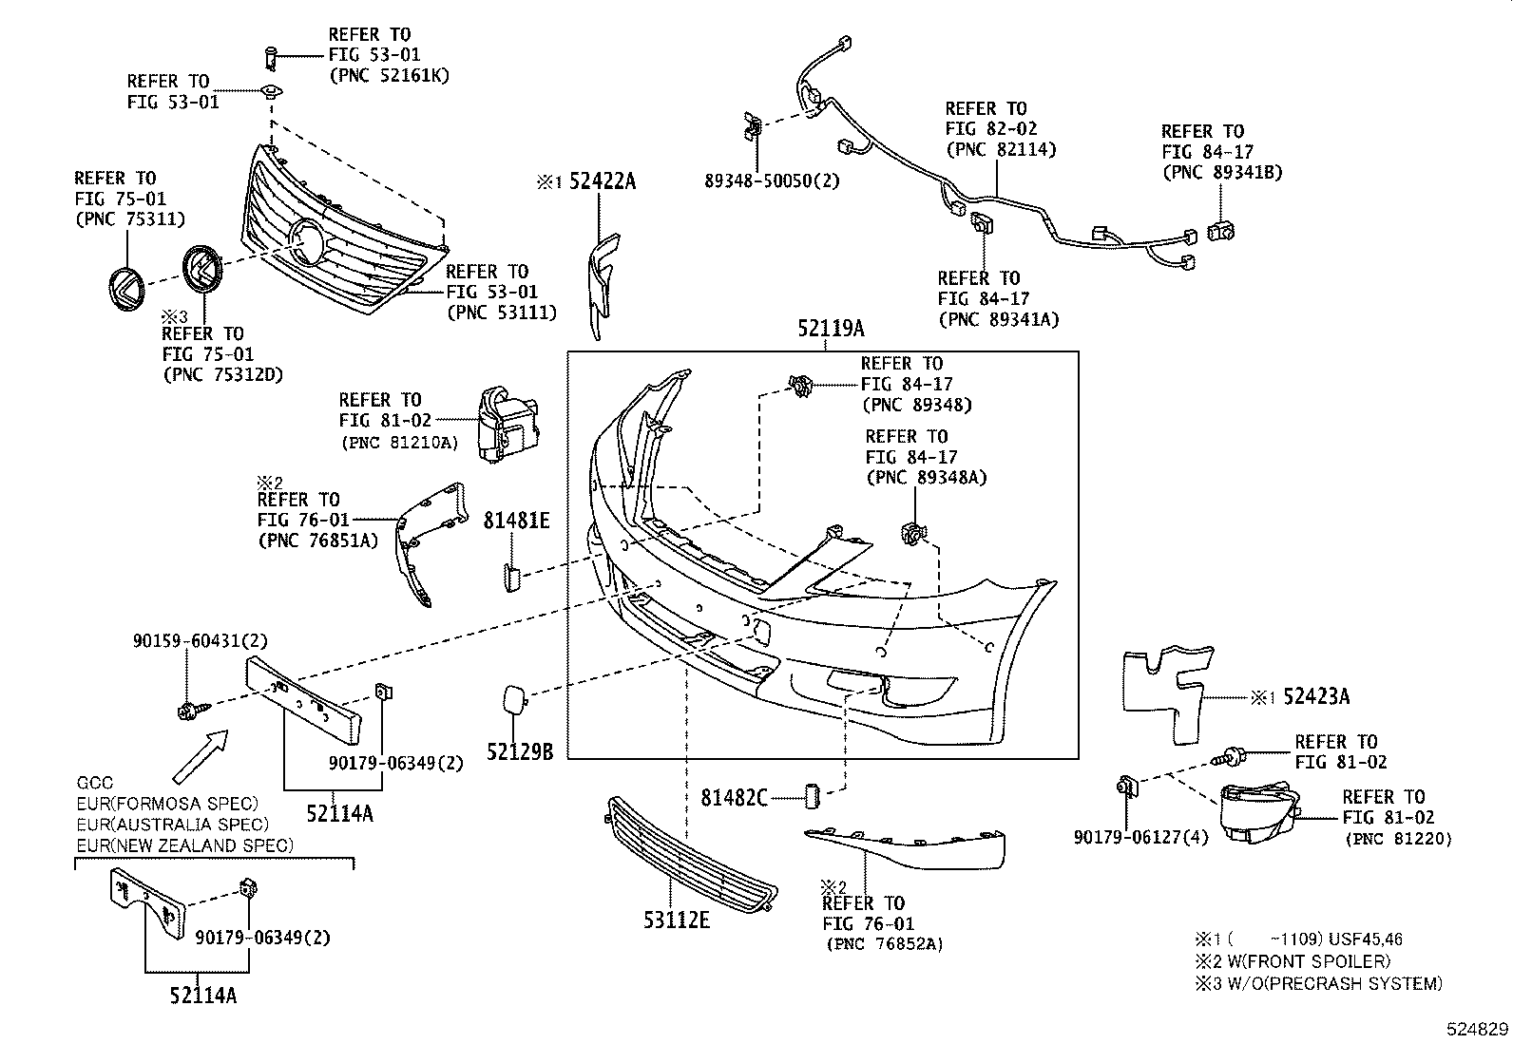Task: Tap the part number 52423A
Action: [x=1315, y=696]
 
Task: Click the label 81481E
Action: [x=516, y=520]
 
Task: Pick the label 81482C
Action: [x=734, y=798]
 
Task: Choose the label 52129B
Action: [x=520, y=752]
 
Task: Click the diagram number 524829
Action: [x=1478, y=1029]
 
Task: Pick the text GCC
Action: [x=94, y=783]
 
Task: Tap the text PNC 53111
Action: [x=502, y=312]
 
